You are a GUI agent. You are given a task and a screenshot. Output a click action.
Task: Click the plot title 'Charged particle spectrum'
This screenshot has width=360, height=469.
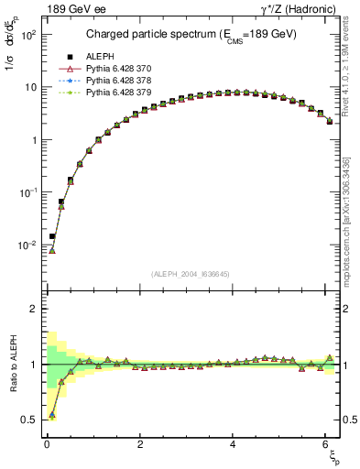coord(189,36)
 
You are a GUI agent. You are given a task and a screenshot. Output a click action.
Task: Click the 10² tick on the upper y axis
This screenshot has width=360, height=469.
coord(25,34)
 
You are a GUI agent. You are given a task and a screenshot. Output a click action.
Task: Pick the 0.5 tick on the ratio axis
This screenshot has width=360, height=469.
coord(27,420)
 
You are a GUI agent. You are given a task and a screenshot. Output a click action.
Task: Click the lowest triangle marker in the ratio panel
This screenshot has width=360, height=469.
coord(52,415)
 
